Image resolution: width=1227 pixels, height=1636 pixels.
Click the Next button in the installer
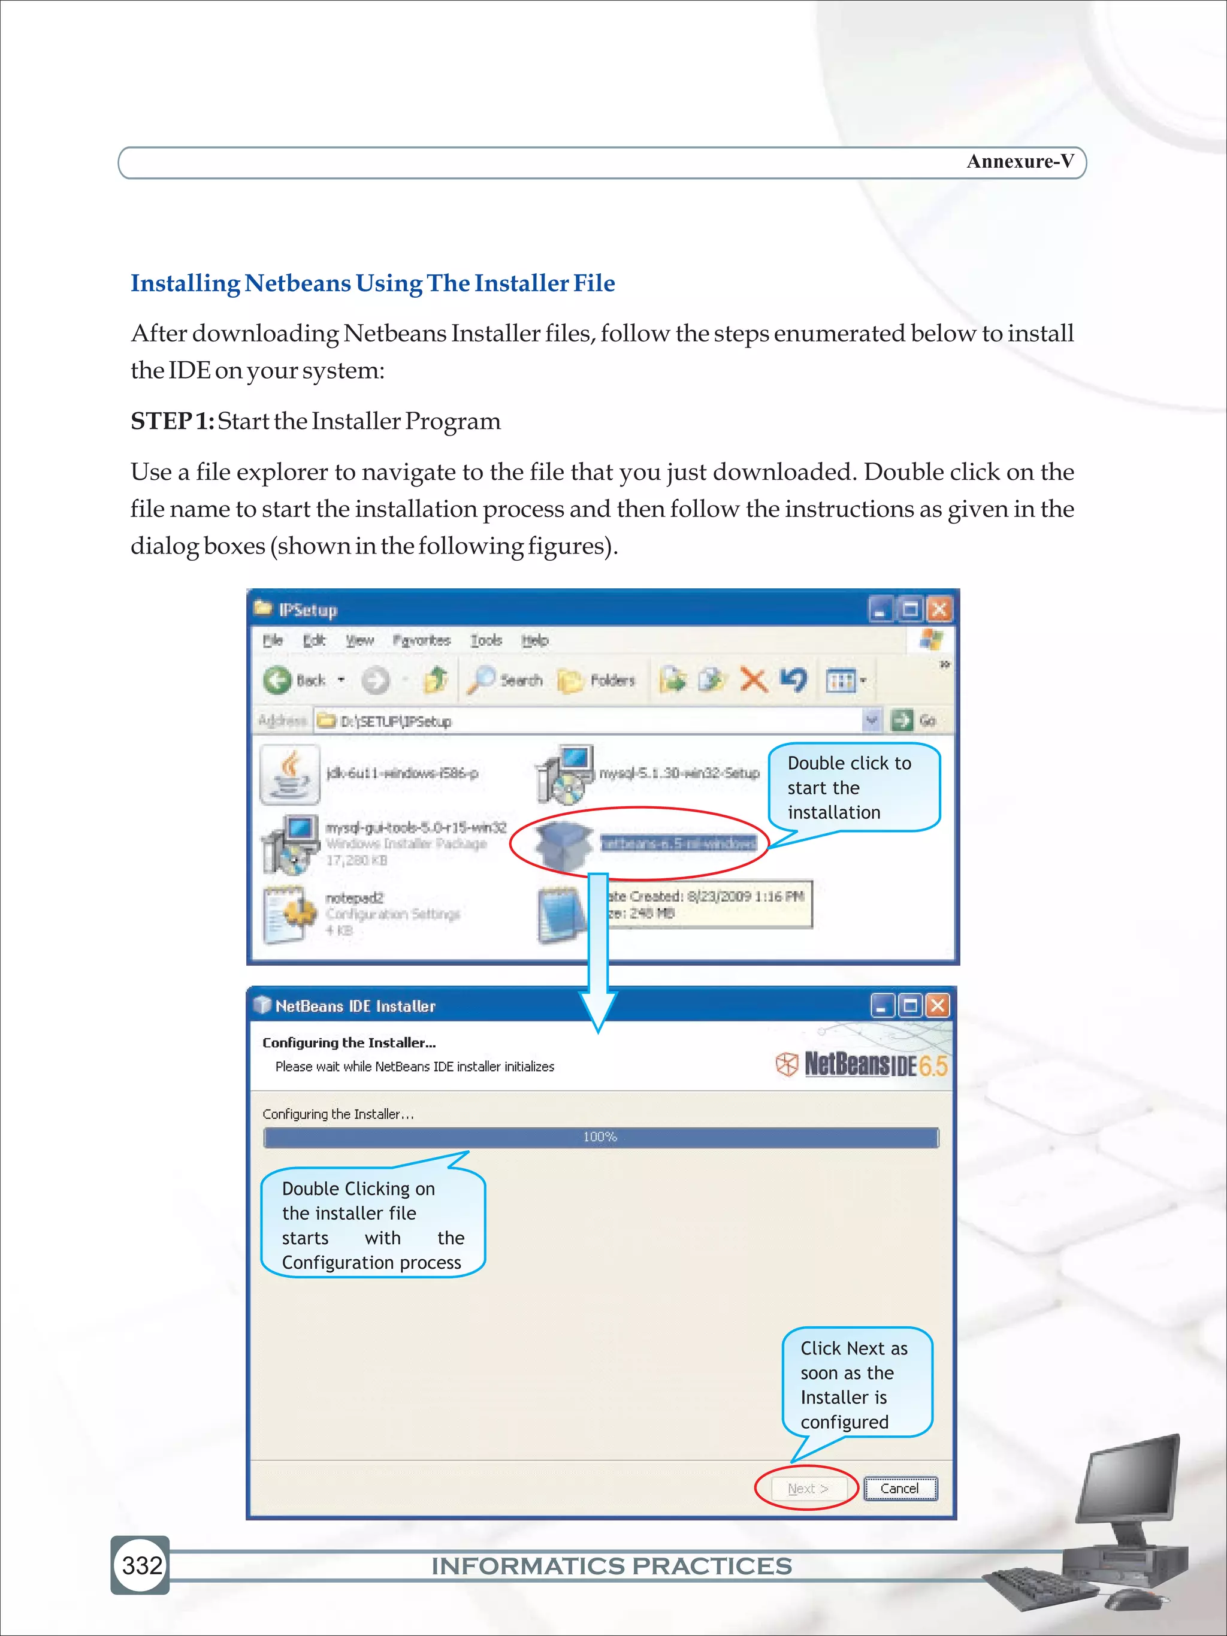tap(807, 1488)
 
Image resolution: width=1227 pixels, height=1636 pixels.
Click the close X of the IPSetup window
tap(939, 609)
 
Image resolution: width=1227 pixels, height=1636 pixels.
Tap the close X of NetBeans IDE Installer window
tap(937, 1005)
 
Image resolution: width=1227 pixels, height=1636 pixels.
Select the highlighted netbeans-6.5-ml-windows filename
tap(678, 843)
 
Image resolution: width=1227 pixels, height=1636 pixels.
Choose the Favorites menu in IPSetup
tap(421, 640)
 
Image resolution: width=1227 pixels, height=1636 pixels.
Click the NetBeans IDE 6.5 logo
tap(862, 1065)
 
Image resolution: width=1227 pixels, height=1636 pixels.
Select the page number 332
tap(141, 1566)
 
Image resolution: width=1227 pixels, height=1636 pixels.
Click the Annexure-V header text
tap(1019, 161)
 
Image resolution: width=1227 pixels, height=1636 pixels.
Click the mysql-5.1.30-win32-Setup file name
tap(679, 773)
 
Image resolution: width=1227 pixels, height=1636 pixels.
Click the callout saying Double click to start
tap(854, 787)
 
